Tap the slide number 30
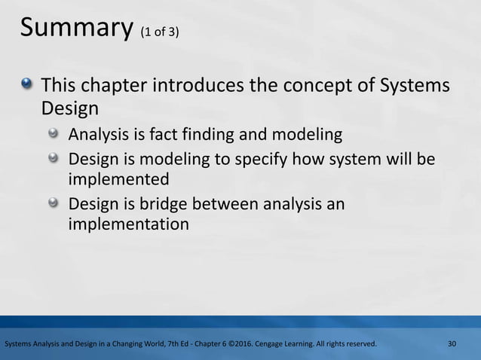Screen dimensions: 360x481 452,344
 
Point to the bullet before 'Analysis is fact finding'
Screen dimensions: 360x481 54,136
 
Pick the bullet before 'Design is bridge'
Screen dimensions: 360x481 54,204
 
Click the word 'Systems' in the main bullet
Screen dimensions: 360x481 412,85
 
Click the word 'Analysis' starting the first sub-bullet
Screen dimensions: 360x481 98,136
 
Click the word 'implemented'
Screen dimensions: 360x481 118,181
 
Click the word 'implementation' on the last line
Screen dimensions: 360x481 128,225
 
